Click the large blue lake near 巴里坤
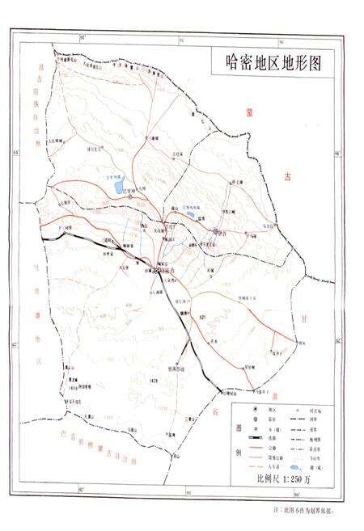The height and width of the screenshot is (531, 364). click(120, 188)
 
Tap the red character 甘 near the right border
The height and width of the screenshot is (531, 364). click(328, 298)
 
